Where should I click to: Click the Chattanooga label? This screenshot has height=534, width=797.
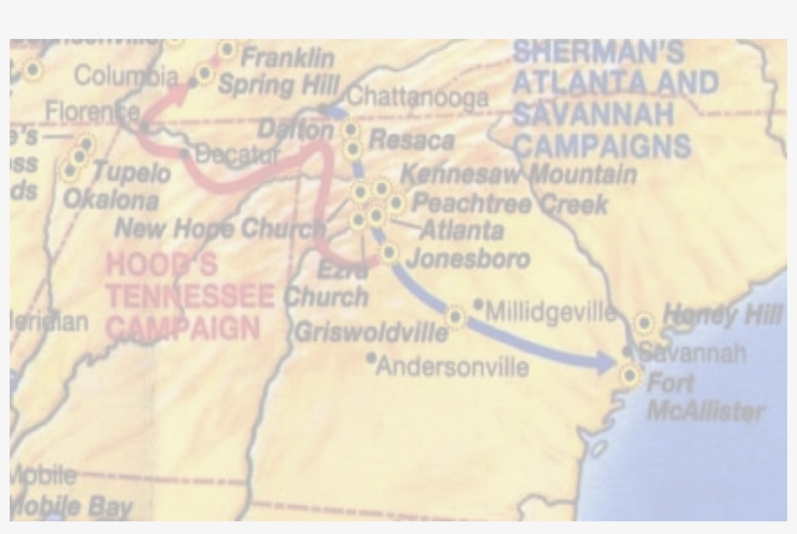418,97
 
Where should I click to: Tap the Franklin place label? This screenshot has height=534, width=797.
288,57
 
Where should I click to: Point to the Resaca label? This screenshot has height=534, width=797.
411,140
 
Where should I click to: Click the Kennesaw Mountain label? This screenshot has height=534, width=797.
518,175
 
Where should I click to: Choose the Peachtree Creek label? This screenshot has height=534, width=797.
510,204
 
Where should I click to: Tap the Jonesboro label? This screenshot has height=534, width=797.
468,259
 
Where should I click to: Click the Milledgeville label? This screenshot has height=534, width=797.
550,312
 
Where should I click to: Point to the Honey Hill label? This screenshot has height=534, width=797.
722,315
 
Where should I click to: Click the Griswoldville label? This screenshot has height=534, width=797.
371,333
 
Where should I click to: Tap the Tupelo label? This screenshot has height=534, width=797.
131,173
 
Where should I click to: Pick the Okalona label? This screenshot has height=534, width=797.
111,200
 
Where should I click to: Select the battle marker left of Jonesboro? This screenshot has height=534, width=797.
389,254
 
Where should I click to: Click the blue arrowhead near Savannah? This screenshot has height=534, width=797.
606,364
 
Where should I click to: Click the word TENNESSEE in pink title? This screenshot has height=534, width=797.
191,297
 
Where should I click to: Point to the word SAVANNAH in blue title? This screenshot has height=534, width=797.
594,115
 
